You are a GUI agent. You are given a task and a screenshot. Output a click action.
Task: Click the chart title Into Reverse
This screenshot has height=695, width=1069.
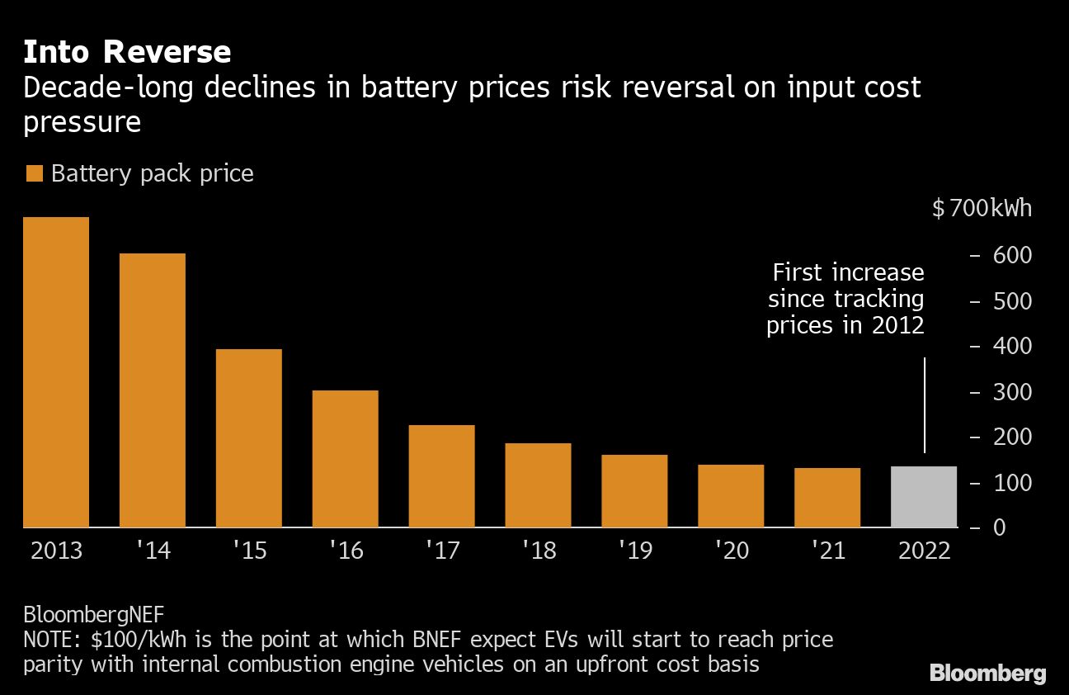127,52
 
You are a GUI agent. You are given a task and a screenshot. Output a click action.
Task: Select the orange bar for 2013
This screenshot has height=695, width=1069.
56,371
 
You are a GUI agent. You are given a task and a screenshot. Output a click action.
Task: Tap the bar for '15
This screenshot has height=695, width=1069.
249,437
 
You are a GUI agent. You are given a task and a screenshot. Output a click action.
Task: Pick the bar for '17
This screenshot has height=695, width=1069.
442,475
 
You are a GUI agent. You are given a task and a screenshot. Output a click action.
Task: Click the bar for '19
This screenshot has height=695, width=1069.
634,490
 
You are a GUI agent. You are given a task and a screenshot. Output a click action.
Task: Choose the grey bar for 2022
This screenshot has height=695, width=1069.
924,496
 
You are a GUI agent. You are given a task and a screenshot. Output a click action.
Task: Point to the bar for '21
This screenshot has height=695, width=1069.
827,497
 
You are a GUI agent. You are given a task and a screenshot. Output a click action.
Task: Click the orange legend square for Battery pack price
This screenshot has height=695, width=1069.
34,173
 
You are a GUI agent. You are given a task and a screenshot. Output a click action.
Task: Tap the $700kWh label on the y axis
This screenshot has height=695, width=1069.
982,209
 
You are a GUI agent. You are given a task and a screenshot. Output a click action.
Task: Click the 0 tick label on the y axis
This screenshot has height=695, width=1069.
1000,527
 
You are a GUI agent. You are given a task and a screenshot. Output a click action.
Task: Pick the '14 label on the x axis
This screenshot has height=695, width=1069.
152,551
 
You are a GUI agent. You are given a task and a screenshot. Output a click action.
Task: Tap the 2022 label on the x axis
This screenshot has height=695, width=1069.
924,551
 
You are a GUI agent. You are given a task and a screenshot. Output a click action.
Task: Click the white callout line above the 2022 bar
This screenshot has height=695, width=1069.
924,404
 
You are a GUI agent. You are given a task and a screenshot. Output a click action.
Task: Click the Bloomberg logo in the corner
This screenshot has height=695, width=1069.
987,673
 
